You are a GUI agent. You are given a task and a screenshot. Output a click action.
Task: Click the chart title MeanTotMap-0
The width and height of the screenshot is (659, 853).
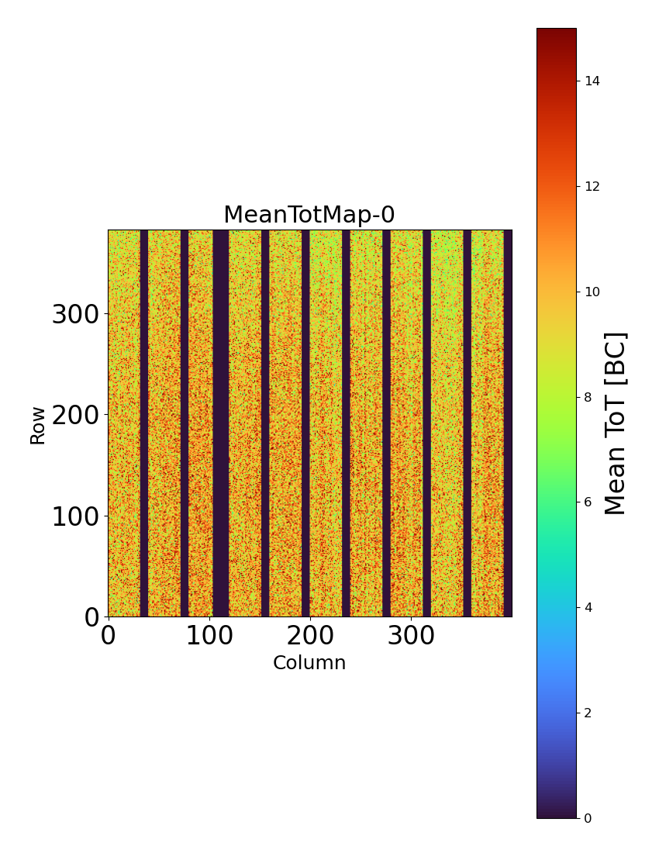309,216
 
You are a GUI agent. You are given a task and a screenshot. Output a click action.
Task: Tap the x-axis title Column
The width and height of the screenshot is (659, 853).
309,663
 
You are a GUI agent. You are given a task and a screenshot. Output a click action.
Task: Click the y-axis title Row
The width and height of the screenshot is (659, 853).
38,425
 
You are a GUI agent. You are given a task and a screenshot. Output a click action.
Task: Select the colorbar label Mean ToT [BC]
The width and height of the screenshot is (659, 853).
615,423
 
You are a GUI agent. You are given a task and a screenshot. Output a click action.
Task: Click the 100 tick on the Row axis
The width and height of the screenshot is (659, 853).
75,516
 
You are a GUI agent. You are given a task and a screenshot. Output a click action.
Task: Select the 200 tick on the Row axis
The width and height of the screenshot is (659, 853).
75,416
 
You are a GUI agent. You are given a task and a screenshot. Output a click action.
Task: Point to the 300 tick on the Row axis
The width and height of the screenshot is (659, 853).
75,315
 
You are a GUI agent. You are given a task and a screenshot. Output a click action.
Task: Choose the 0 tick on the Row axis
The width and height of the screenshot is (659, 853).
91,617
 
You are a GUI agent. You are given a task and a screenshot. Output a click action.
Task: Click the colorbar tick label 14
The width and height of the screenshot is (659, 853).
593,81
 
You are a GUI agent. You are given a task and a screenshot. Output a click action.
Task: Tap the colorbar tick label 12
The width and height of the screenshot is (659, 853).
593,187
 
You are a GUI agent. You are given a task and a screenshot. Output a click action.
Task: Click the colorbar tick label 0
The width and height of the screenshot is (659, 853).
588,818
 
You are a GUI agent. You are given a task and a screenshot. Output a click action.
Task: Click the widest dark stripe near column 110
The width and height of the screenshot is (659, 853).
220,423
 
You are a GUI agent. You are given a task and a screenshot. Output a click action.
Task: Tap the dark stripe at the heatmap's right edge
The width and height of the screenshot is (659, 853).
507,423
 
